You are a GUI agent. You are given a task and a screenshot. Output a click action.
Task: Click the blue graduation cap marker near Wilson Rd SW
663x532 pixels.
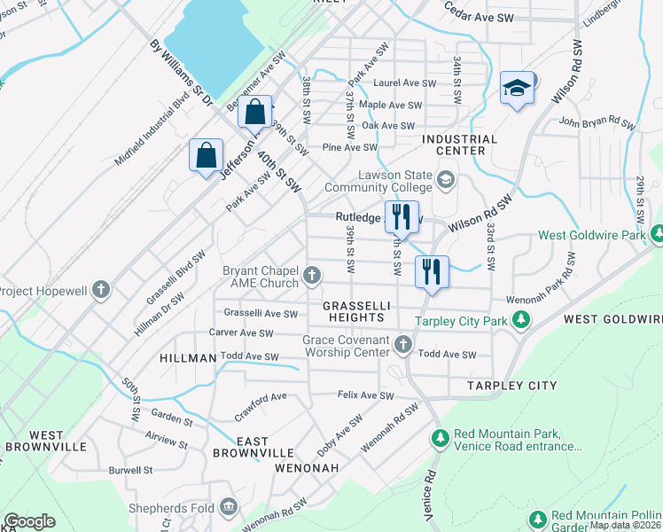coord(517,89)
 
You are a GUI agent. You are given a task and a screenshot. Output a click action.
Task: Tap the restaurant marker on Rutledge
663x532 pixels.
coord(401,215)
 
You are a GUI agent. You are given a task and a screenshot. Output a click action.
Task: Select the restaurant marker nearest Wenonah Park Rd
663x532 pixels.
coord(432,272)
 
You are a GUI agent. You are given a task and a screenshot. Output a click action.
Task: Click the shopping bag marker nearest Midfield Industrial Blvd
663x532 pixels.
coord(206,155)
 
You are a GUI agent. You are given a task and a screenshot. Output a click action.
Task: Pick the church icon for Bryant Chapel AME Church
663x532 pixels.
coord(311,276)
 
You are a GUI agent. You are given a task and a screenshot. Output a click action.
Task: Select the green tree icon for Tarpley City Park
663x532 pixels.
coord(523,320)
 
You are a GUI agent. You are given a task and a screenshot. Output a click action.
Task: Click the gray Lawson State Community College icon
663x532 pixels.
coord(445,180)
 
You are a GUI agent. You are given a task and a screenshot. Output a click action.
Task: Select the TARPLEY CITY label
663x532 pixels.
coord(515,386)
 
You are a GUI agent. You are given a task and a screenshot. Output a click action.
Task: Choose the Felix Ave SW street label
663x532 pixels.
coord(364,395)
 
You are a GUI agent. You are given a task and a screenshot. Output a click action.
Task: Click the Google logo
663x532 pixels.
coord(29,521)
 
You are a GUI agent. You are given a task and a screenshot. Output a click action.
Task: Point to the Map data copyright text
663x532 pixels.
coord(623,525)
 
